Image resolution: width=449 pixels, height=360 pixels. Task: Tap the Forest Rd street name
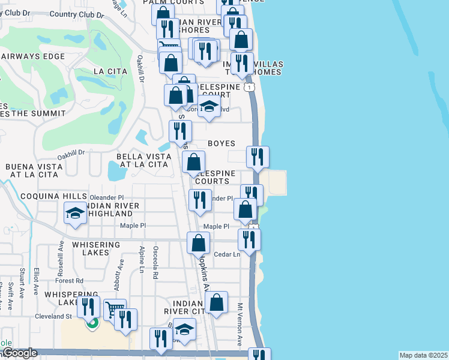(70, 281)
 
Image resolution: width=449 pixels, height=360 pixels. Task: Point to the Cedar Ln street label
(227, 254)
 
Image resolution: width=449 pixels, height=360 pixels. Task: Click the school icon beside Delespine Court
(209, 107)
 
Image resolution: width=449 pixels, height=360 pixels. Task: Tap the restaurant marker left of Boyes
(180, 131)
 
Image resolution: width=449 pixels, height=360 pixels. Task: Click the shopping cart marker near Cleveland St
(115, 310)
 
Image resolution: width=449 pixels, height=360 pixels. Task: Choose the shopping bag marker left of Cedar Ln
(198, 244)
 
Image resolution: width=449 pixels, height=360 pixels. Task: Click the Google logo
(19, 353)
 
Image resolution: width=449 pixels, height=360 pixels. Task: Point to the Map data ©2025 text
(423, 355)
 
